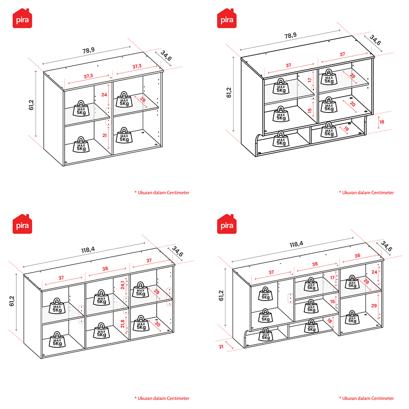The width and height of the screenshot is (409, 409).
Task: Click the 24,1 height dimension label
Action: click(x=123, y=285)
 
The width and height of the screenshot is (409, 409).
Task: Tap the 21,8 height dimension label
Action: click(x=123, y=324)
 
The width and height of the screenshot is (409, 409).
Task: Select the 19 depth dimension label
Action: click(x=346, y=128)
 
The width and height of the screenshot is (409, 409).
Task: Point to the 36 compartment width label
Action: click(x=357, y=256)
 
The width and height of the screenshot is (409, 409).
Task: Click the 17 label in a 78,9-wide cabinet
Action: click(x=310, y=80)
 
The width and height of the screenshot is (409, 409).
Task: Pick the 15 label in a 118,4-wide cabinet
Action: click(x=332, y=301)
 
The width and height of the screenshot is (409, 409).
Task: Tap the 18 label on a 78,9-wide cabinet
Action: click(x=382, y=122)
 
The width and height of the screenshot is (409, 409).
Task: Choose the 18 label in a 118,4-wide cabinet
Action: click(x=329, y=321)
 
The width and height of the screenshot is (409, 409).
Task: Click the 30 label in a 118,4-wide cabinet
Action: click(x=157, y=324)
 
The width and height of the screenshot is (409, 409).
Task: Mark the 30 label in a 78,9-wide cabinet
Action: click(x=353, y=104)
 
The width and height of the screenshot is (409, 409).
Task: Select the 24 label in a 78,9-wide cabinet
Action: click(x=104, y=95)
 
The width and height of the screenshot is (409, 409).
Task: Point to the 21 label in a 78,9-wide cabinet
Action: click(x=104, y=135)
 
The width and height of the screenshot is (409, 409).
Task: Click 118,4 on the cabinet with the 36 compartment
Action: click(x=296, y=244)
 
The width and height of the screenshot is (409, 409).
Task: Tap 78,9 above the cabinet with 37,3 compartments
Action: click(x=88, y=50)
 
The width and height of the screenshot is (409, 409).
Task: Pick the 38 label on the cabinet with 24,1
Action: click(x=105, y=269)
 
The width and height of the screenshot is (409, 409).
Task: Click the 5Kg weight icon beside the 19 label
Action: click(x=329, y=130)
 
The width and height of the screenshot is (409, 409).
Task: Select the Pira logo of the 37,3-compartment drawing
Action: click(x=22, y=18)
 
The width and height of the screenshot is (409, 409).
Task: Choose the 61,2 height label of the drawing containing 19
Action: click(x=229, y=92)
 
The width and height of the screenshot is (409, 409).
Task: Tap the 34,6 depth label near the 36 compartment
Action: click(x=387, y=246)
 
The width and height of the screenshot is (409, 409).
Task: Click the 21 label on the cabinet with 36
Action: click(x=221, y=347)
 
